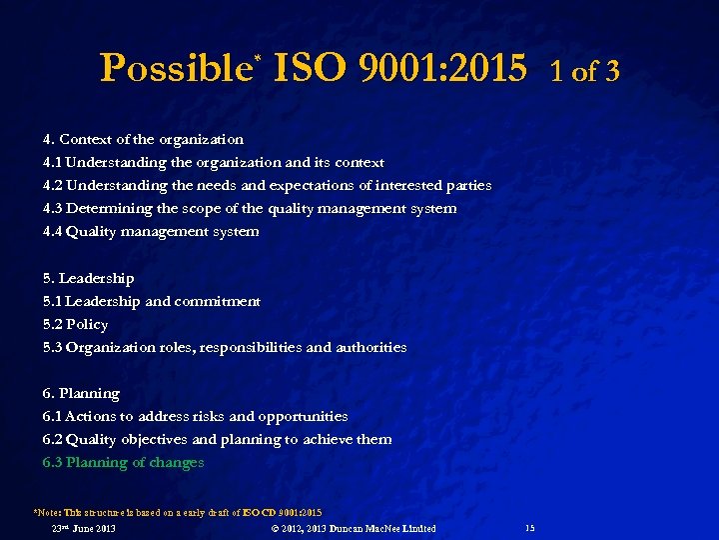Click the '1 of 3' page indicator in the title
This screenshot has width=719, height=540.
click(x=584, y=71)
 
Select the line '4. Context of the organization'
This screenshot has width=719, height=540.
click(x=143, y=139)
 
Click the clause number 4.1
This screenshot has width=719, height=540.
click(x=52, y=162)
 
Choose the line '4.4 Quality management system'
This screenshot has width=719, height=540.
click(x=151, y=231)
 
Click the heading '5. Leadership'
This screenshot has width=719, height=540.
click(x=88, y=278)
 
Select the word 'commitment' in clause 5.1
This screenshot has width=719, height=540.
click(x=217, y=301)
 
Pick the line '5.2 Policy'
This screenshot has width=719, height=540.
click(x=75, y=324)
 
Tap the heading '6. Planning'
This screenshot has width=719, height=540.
click(x=81, y=393)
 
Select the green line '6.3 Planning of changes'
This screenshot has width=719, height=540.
click(x=123, y=462)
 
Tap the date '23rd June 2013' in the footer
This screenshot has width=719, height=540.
click(x=83, y=528)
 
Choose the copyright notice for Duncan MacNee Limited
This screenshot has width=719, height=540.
click(x=354, y=528)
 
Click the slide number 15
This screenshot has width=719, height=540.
click(x=529, y=528)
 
